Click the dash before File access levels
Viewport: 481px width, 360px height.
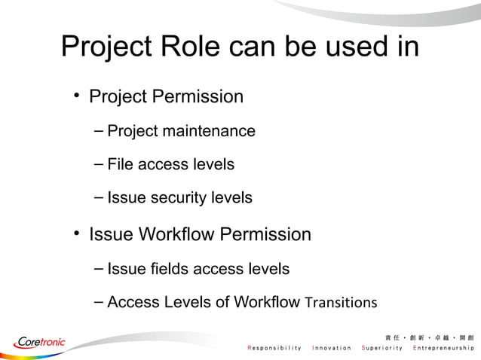[100, 164]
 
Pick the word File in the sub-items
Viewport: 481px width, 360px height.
[121, 164]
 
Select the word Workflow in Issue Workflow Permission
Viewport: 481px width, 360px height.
[176, 234]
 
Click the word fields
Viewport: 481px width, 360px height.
[167, 268]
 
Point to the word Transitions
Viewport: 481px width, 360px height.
[340, 303]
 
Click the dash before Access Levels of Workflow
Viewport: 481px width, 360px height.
[100, 302]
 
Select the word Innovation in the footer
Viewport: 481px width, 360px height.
[332, 348]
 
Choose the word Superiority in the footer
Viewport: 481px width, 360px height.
[383, 348]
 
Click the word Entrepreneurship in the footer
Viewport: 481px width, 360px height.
[443, 348]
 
